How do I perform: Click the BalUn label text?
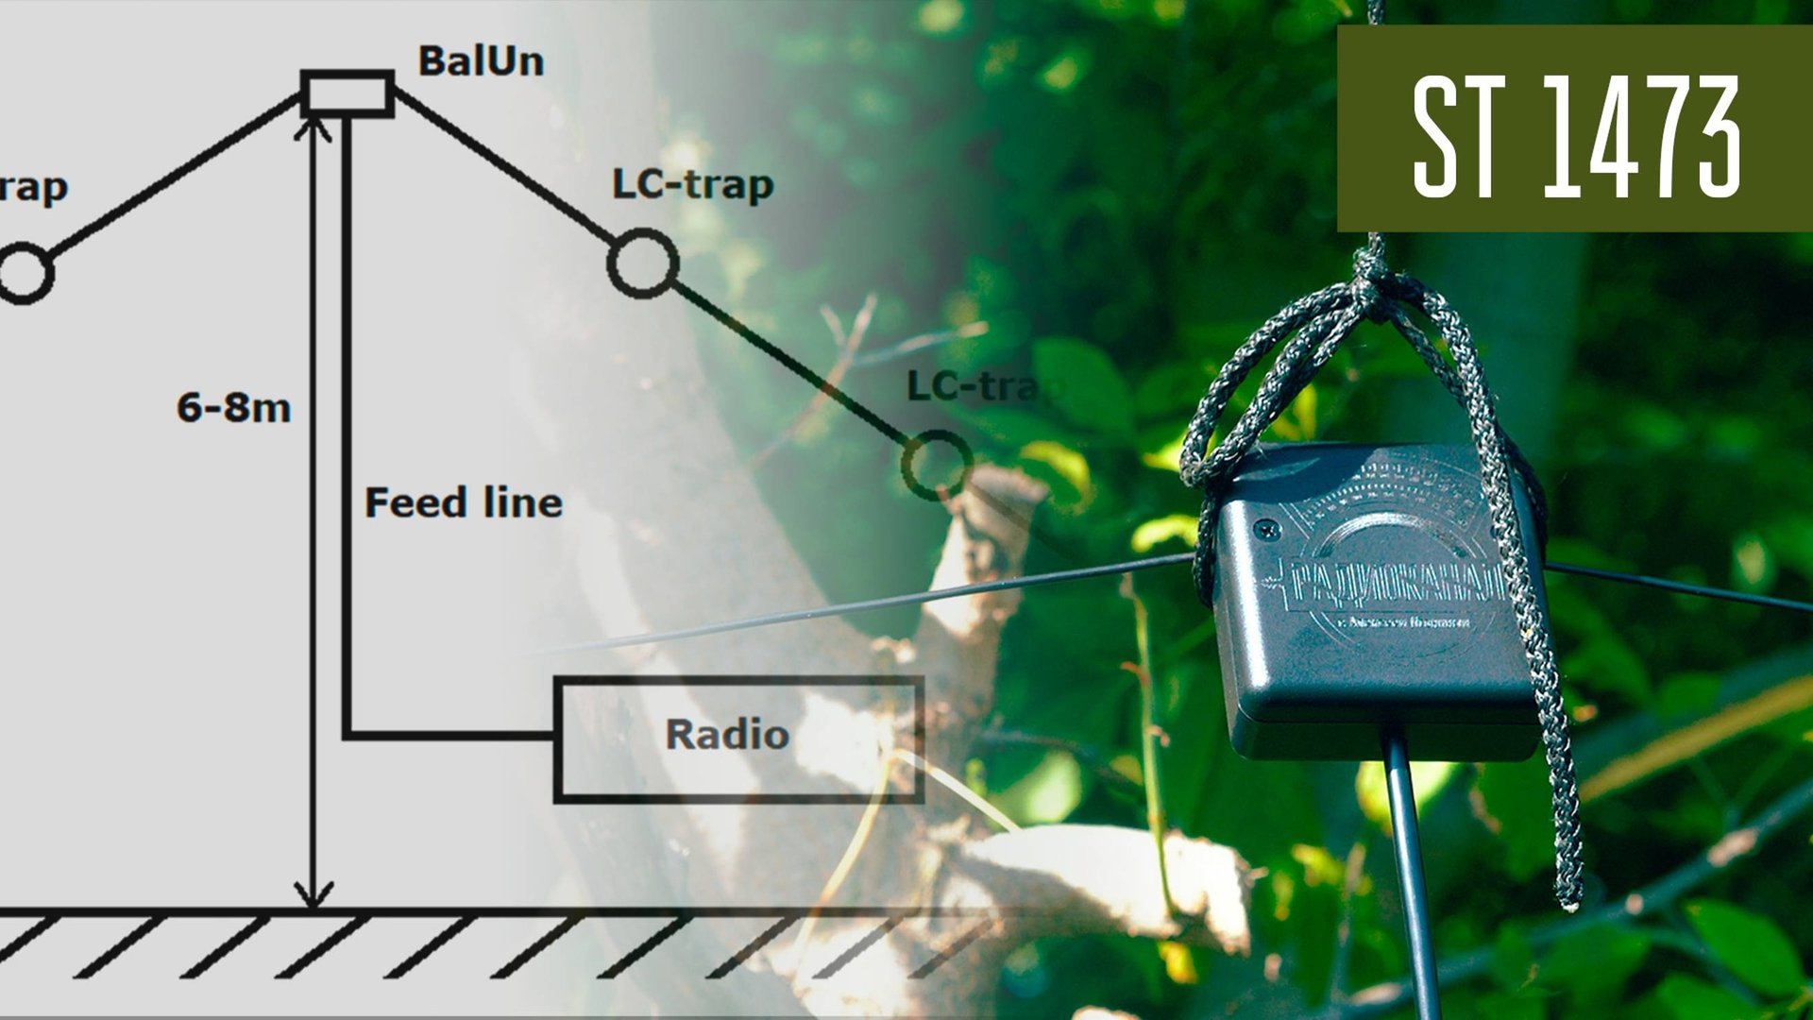coord(481,61)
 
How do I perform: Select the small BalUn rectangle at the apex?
coord(347,93)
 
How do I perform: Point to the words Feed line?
coord(463,502)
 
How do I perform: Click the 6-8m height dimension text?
coord(233,408)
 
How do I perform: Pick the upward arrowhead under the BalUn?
coord(313,129)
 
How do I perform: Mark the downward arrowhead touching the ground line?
coord(313,892)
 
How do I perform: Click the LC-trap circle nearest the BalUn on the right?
coord(642,263)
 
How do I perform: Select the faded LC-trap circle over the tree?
coord(936,464)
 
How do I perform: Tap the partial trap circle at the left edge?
coord(23,274)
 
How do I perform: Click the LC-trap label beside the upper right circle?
coord(692,184)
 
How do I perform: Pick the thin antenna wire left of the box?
coord(944,595)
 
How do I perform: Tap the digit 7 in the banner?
coord(1659,137)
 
